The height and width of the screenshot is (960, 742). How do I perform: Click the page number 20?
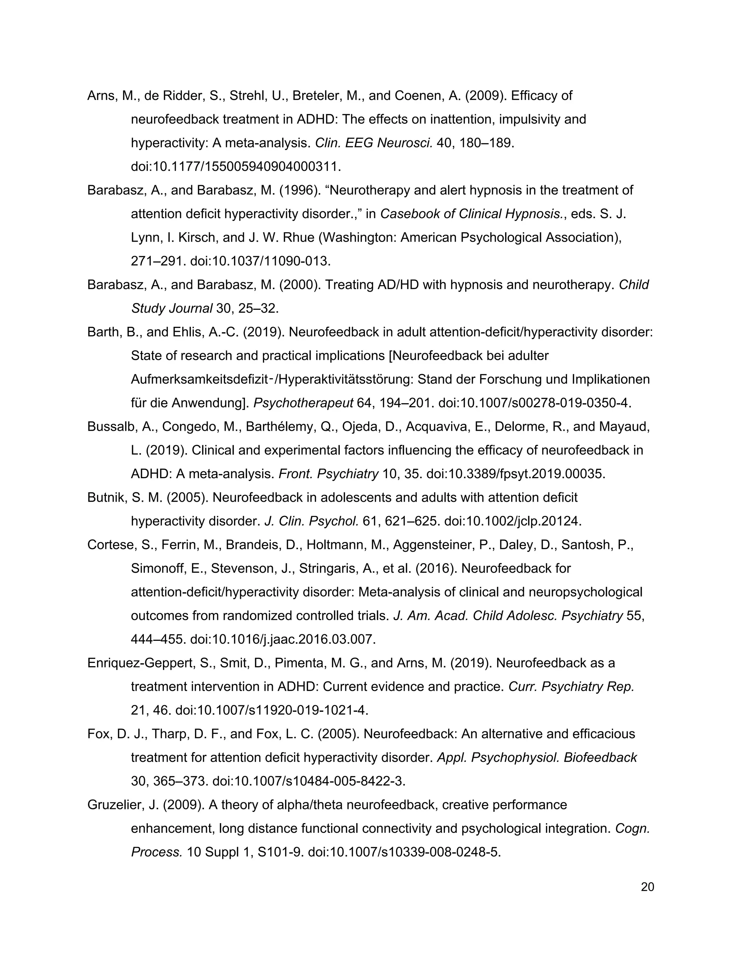click(647, 887)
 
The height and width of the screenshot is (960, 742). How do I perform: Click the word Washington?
click(359, 238)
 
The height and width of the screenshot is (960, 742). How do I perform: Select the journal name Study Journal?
click(172, 309)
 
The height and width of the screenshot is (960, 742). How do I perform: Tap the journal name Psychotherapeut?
click(303, 403)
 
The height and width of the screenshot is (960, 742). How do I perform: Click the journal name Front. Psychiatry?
click(328, 474)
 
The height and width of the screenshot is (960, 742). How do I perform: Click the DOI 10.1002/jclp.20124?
click(513, 521)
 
